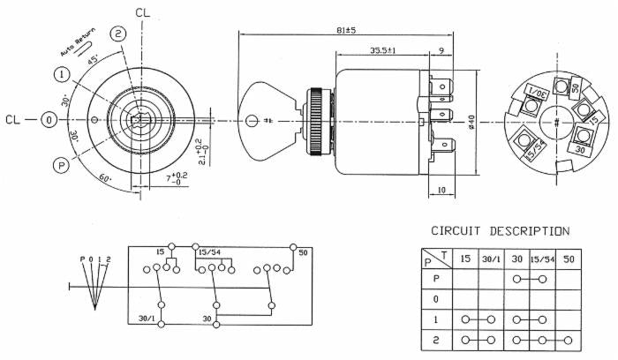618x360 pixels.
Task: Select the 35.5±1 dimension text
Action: [x=383, y=50]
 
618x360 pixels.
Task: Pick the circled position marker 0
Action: [x=51, y=119]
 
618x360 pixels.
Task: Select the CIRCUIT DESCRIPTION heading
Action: [x=500, y=231]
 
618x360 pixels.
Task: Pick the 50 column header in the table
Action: [x=569, y=259]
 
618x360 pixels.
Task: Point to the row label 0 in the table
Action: [x=433, y=299]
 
